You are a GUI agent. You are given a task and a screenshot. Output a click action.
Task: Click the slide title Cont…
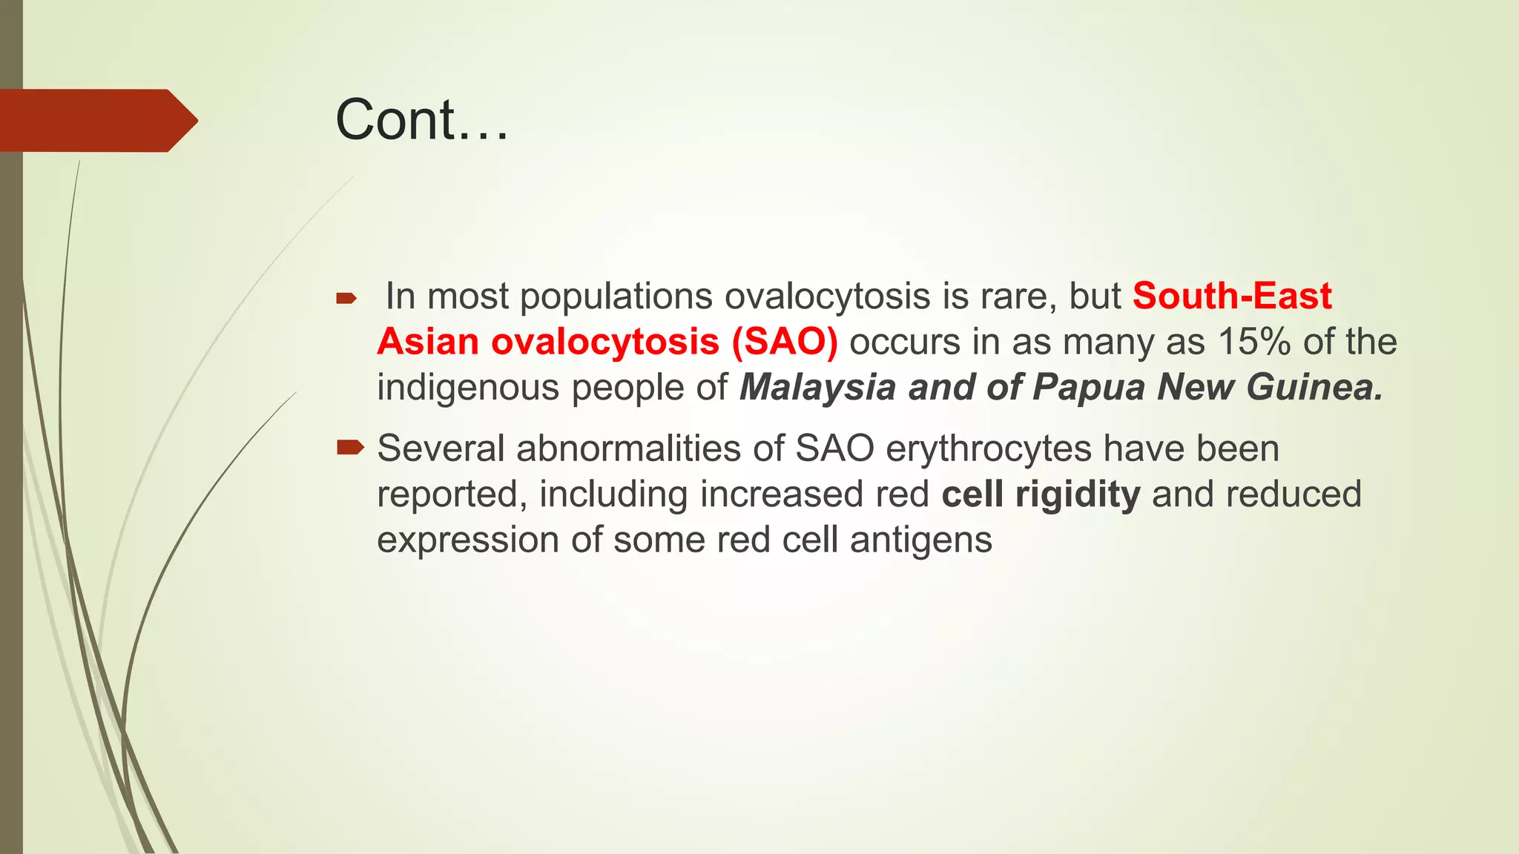[421, 120]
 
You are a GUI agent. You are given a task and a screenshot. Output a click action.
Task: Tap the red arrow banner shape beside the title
[96, 121]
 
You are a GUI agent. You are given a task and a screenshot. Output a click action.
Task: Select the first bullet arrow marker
[346, 299]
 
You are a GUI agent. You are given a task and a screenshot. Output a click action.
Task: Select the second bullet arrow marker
[350, 447]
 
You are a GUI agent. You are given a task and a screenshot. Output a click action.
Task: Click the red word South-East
[1231, 297]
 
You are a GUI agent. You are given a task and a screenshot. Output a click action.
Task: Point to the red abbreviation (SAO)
[785, 342]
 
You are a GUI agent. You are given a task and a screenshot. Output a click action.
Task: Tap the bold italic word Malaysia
[817, 388]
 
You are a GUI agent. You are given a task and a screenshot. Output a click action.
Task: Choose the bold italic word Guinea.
[1314, 388]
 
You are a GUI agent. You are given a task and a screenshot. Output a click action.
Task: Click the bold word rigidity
[1077, 495]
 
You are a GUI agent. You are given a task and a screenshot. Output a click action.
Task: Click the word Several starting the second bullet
[441, 449]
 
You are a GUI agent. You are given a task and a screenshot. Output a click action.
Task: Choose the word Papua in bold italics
[1089, 388]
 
